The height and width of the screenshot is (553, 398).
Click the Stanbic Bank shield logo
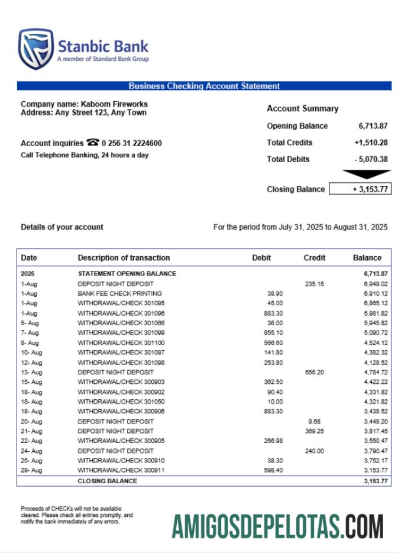35,49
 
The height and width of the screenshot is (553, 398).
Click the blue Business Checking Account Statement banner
204,86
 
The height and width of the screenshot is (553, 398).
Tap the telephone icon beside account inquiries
93,143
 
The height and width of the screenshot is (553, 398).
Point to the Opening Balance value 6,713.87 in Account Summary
373,126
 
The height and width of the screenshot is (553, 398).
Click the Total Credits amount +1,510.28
371,143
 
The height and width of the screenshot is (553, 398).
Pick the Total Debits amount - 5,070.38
371,159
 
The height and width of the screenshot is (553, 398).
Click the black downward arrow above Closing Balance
367,174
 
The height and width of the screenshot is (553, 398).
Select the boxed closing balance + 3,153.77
360,189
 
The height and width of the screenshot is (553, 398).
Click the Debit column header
261,258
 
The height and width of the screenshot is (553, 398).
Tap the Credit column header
315,258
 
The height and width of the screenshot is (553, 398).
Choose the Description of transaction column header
124,258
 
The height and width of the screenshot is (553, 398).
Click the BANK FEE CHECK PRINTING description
119,293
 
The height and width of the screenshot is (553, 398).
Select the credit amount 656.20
313,372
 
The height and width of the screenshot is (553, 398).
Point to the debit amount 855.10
275,333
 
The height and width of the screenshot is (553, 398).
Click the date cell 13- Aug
31,372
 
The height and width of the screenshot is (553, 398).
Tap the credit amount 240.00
315,451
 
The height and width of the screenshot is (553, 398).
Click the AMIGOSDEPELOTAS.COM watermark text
278,526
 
